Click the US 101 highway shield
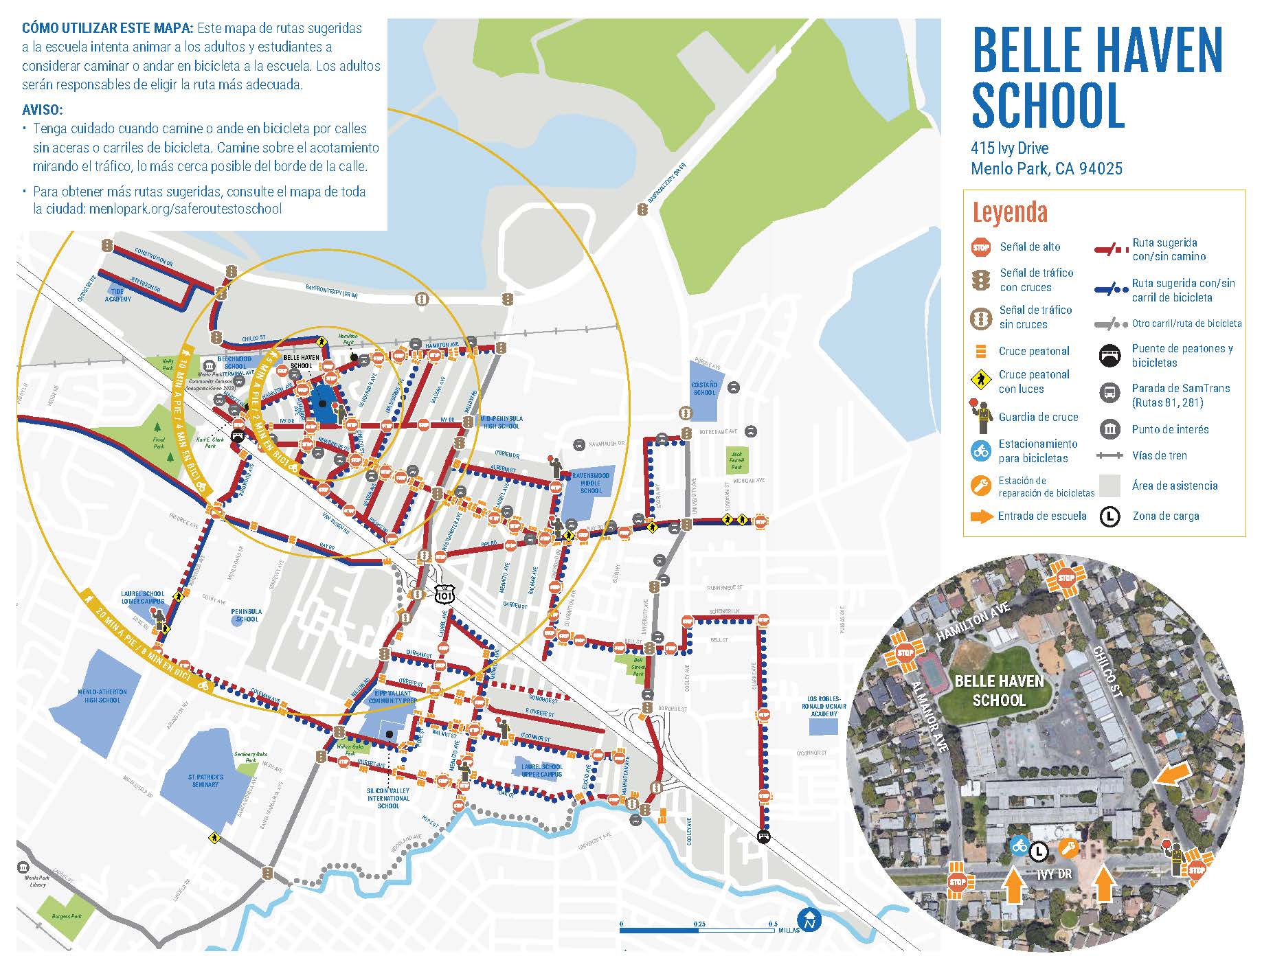pos(444,593)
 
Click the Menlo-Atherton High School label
pos(102,696)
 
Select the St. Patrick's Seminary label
pos(205,781)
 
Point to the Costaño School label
pos(703,389)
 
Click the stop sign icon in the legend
pos(980,247)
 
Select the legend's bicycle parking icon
pos(980,451)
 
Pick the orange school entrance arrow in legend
pos(982,516)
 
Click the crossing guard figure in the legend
pos(980,415)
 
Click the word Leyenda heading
pos(1009,212)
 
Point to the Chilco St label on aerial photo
pos(1107,672)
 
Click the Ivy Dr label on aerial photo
pos(1054,875)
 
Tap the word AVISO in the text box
pos(43,110)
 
